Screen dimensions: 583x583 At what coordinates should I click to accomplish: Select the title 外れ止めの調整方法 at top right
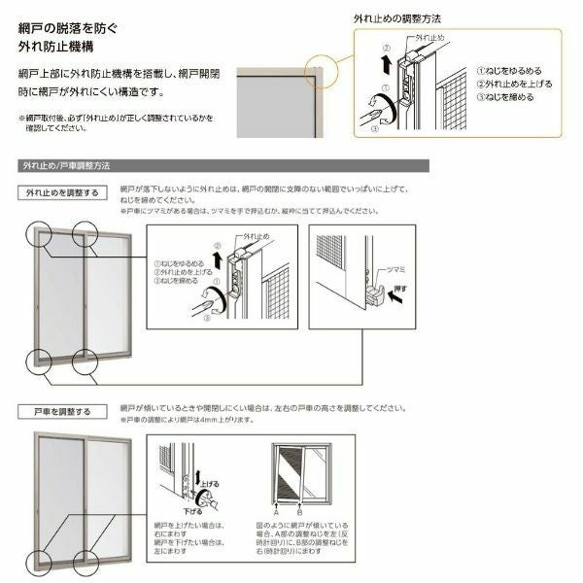point(399,17)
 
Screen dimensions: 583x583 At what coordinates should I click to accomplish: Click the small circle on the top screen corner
point(322,71)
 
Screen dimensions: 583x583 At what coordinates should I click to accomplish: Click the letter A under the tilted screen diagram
point(278,509)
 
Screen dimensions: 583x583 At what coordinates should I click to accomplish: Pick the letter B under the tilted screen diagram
point(299,509)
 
